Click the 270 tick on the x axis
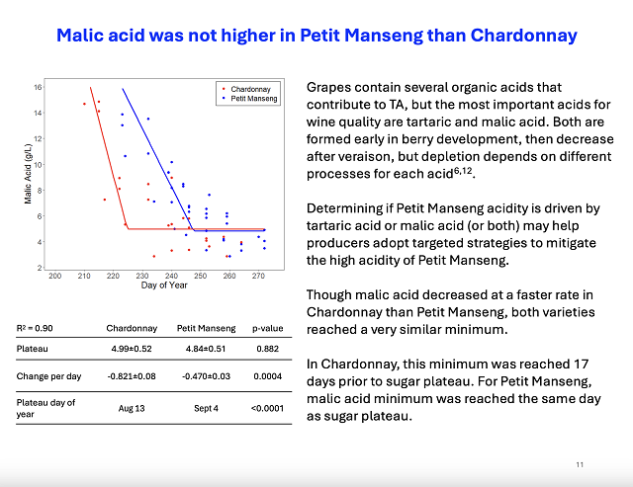pyautogui.click(x=258, y=276)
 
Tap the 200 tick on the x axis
pyautogui.click(x=55, y=276)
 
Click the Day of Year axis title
pyautogui.click(x=162, y=285)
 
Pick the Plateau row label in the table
pyautogui.click(x=32, y=349)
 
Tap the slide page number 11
pyautogui.click(x=581, y=463)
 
